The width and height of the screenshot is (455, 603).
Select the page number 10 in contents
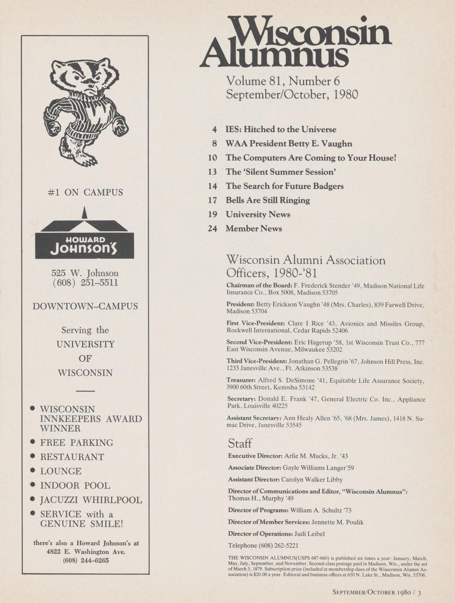point(212,158)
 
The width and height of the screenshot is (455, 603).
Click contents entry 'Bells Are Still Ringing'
point(267,200)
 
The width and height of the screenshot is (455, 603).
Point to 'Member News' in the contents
point(253,229)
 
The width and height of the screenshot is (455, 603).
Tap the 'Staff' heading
point(239,444)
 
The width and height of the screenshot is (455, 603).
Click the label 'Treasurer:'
point(241,381)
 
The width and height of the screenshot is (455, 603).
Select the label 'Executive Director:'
point(255,456)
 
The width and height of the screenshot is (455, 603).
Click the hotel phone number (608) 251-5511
point(85,283)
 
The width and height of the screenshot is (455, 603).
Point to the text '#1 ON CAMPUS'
point(85,192)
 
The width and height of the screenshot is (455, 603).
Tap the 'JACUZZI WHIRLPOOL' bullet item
point(91,500)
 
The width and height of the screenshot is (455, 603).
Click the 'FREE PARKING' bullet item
point(76,443)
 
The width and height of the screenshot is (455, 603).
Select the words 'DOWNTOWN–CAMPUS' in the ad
point(85,306)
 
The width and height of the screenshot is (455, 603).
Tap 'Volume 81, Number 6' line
point(283,81)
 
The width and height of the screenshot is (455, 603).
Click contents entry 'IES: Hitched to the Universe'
point(281,129)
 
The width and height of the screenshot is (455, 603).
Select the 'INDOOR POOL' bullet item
point(75,485)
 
